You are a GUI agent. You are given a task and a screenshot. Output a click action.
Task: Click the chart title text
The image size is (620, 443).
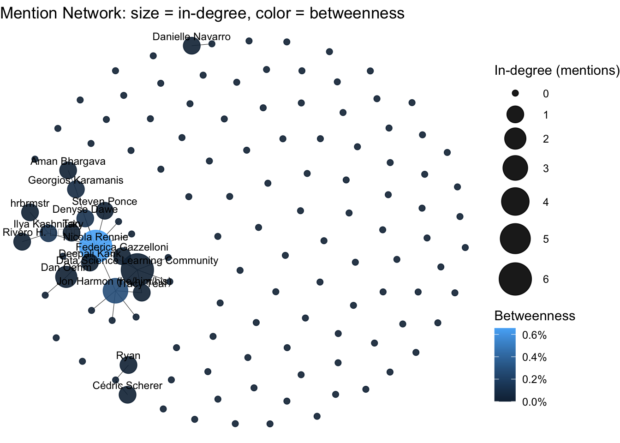(202, 13)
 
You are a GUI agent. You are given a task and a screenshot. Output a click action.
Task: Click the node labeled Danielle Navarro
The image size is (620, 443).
(191, 46)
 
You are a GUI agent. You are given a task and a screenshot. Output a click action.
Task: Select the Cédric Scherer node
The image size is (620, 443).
(127, 395)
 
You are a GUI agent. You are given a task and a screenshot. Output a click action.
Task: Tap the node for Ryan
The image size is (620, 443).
(128, 365)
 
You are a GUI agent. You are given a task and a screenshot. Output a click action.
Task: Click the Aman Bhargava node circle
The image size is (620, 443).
(68, 170)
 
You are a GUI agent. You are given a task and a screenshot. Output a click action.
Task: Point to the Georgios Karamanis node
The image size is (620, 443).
(76, 189)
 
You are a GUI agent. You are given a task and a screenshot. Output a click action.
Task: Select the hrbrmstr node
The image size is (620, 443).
(30, 212)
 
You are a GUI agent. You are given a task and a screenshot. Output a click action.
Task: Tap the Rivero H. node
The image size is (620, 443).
(22, 241)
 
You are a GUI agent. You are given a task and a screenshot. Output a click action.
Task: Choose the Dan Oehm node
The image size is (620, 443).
(66, 277)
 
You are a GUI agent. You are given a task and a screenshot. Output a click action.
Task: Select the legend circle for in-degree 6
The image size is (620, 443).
(515, 279)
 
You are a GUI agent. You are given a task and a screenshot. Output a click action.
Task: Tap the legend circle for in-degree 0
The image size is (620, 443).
(515, 93)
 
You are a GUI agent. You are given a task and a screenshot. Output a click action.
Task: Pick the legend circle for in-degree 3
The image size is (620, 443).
(515, 168)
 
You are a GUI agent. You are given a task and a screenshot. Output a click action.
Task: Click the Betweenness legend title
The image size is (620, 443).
(535, 316)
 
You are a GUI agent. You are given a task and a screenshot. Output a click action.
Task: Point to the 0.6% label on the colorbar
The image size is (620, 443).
(534, 335)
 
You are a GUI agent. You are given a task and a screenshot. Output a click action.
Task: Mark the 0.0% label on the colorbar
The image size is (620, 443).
(534, 402)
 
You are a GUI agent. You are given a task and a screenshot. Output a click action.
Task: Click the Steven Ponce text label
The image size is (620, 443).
(105, 202)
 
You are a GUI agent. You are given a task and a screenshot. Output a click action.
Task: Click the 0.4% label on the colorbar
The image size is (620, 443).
(534, 357)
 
